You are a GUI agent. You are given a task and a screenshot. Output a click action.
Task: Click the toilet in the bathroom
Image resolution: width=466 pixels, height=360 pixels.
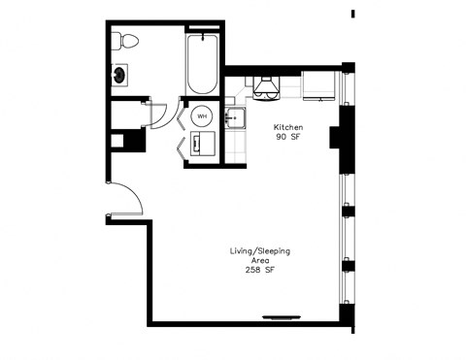point(124,41)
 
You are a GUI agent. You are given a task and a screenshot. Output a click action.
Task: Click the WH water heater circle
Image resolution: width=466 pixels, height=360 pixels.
point(202,116)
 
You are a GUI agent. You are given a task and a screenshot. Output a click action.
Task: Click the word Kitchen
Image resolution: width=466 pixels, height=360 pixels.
point(288,128)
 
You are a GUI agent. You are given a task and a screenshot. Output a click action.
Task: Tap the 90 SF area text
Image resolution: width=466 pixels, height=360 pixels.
point(288,139)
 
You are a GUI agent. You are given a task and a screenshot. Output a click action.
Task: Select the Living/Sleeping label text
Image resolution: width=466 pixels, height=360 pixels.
point(259,251)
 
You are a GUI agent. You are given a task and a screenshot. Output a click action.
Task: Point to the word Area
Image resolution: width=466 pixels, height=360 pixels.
point(259,261)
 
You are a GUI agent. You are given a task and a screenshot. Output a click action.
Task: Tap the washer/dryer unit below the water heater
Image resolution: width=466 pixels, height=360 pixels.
point(202,144)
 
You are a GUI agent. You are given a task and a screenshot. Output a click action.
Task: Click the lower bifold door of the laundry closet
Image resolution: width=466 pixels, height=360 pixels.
point(182,147)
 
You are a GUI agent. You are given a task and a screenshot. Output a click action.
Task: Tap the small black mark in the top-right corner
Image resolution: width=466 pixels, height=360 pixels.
point(352,13)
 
